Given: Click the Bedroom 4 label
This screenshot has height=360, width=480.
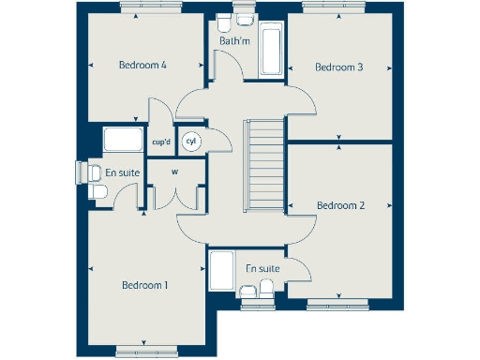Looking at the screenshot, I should tap(142, 66).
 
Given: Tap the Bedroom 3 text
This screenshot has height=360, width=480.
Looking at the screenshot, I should tap(338, 67).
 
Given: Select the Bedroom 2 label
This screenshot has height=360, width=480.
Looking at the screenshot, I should tap(339, 205).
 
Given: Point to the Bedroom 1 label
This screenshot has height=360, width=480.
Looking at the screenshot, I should tap(144, 285).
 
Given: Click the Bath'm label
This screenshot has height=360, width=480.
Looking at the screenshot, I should tap(233, 41).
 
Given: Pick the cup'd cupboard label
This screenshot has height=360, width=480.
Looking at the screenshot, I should tap(160, 142).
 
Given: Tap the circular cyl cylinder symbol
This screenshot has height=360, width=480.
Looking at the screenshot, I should tap(191, 142).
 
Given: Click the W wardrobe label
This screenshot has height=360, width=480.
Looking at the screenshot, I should tap(174, 172).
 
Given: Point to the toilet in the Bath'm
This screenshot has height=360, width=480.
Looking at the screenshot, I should tap(225, 21).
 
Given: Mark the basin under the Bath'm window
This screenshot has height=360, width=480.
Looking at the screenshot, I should tap(245, 20).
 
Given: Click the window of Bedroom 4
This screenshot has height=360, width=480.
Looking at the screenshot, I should tap(145, 7).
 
